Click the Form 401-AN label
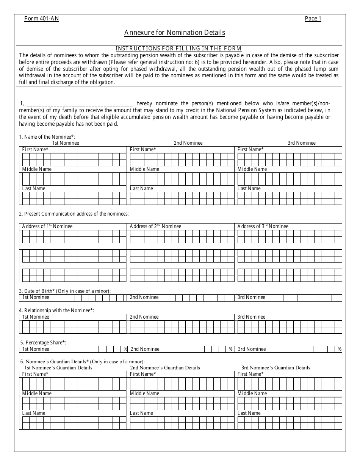tap(42, 19)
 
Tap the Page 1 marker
tap(313, 19)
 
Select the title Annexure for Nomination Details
tap(175, 33)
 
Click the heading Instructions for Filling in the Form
tap(178, 48)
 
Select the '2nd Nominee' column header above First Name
tap(188, 143)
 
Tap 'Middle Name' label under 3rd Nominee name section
tap(252, 169)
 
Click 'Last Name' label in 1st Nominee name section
tap(34, 188)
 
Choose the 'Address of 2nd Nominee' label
tap(155, 226)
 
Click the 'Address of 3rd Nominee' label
tap(263, 226)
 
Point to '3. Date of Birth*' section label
tap(65, 291)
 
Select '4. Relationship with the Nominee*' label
tap(56, 310)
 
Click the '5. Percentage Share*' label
tap(43, 342)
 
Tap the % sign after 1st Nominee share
tap(125, 349)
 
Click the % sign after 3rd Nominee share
tap(340, 349)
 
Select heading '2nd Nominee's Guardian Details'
tap(165, 367)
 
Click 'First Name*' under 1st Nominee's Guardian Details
tap(35, 374)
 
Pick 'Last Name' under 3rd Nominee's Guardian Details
tap(249, 413)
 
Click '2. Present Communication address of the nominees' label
tap(74, 214)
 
